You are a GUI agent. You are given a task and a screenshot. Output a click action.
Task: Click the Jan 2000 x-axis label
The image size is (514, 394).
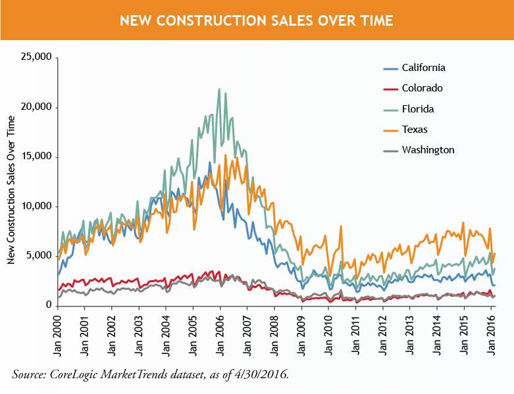pos(58,332)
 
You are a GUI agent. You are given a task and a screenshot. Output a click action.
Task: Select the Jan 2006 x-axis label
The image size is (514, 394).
pos(220,332)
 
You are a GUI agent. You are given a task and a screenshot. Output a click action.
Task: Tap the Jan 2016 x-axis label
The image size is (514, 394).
pos(492,332)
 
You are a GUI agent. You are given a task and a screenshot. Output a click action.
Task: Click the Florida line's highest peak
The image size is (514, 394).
pos(219,89)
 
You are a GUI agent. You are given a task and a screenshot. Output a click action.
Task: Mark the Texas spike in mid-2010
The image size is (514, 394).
pos(341,226)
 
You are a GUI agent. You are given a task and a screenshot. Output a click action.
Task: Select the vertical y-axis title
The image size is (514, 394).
pos(11,189)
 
